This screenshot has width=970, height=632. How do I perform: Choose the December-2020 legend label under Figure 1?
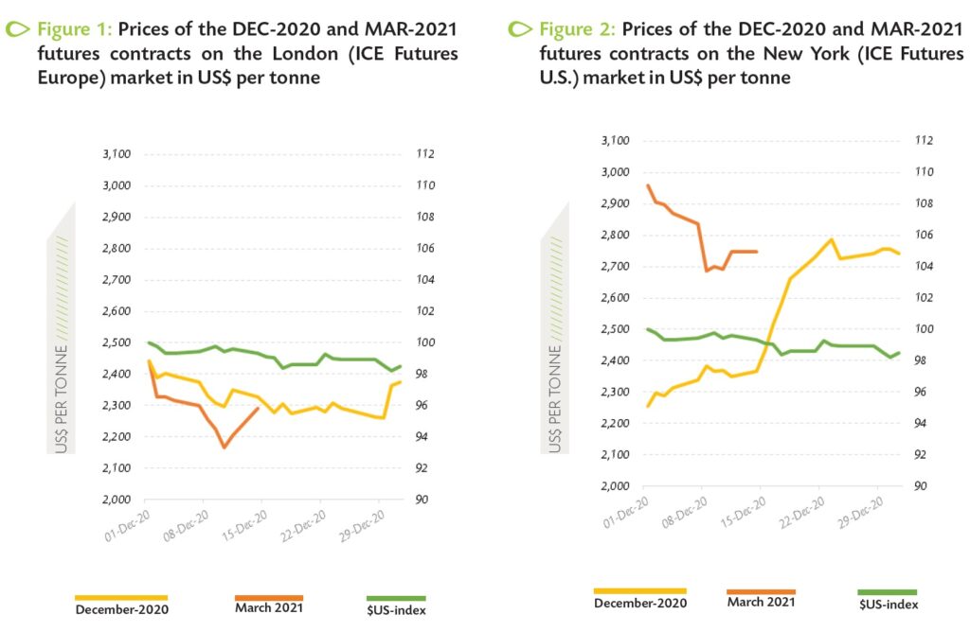(x=121, y=608)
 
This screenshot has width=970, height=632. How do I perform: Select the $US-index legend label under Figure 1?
(x=396, y=609)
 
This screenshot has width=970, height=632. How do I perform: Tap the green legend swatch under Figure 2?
(x=889, y=591)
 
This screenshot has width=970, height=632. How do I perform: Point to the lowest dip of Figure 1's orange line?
(x=225, y=447)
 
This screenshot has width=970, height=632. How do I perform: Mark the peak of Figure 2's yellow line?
(x=831, y=239)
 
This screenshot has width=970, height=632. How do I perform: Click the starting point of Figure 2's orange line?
(x=648, y=185)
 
